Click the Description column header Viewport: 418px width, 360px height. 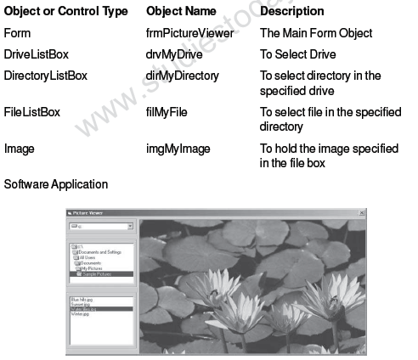pos(291,12)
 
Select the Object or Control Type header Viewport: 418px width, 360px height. pos(65,12)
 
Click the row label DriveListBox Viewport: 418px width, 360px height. pos(37,54)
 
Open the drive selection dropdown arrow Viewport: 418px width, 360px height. pos(130,227)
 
